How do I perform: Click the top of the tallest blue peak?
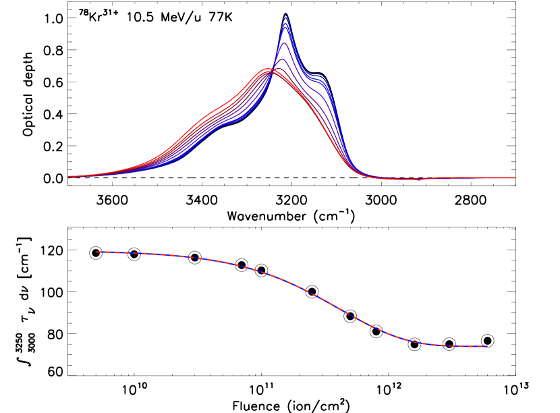[x=286, y=16]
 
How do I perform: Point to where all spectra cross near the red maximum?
[x=273, y=72]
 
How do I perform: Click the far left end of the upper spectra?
[x=68, y=176]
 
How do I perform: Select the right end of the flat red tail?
[x=515, y=177]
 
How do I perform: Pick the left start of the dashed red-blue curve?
[x=97, y=252]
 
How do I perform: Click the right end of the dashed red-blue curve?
[x=486, y=346]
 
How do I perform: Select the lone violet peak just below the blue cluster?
[x=285, y=43]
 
